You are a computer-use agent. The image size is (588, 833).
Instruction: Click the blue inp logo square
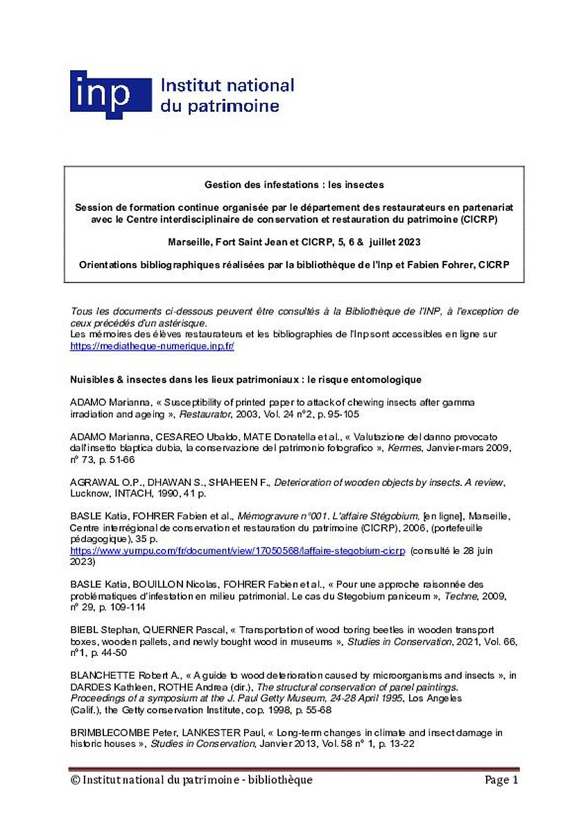(110, 94)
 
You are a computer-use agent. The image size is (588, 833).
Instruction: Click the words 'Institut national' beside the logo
(227, 86)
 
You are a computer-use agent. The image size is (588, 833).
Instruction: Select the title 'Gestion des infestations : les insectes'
(294, 185)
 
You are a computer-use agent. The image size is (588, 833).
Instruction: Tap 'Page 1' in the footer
(501, 780)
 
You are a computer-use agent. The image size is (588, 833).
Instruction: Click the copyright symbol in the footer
(75, 780)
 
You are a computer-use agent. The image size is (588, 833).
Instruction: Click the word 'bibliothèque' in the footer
(278, 780)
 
